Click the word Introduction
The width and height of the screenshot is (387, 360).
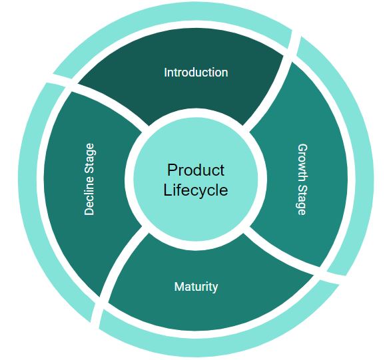click(x=196, y=73)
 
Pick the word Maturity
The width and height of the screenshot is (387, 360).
click(x=196, y=287)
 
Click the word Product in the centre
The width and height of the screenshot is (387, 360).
click(x=196, y=170)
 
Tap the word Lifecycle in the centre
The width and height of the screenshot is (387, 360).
click(x=196, y=190)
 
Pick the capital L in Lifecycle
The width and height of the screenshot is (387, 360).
click(x=168, y=190)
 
